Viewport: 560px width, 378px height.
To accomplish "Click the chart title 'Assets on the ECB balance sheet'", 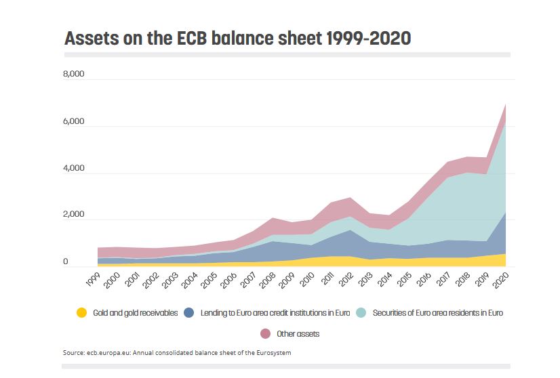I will coord(237,38).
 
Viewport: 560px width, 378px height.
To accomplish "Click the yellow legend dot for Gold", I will coord(81,313).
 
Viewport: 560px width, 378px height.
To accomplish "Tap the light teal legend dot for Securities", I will coord(361,313).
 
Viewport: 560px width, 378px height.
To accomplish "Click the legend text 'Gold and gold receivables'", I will coord(136,313).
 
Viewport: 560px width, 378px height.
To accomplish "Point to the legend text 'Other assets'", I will coord(298,333).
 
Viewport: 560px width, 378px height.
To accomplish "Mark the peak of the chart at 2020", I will coord(506,104).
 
